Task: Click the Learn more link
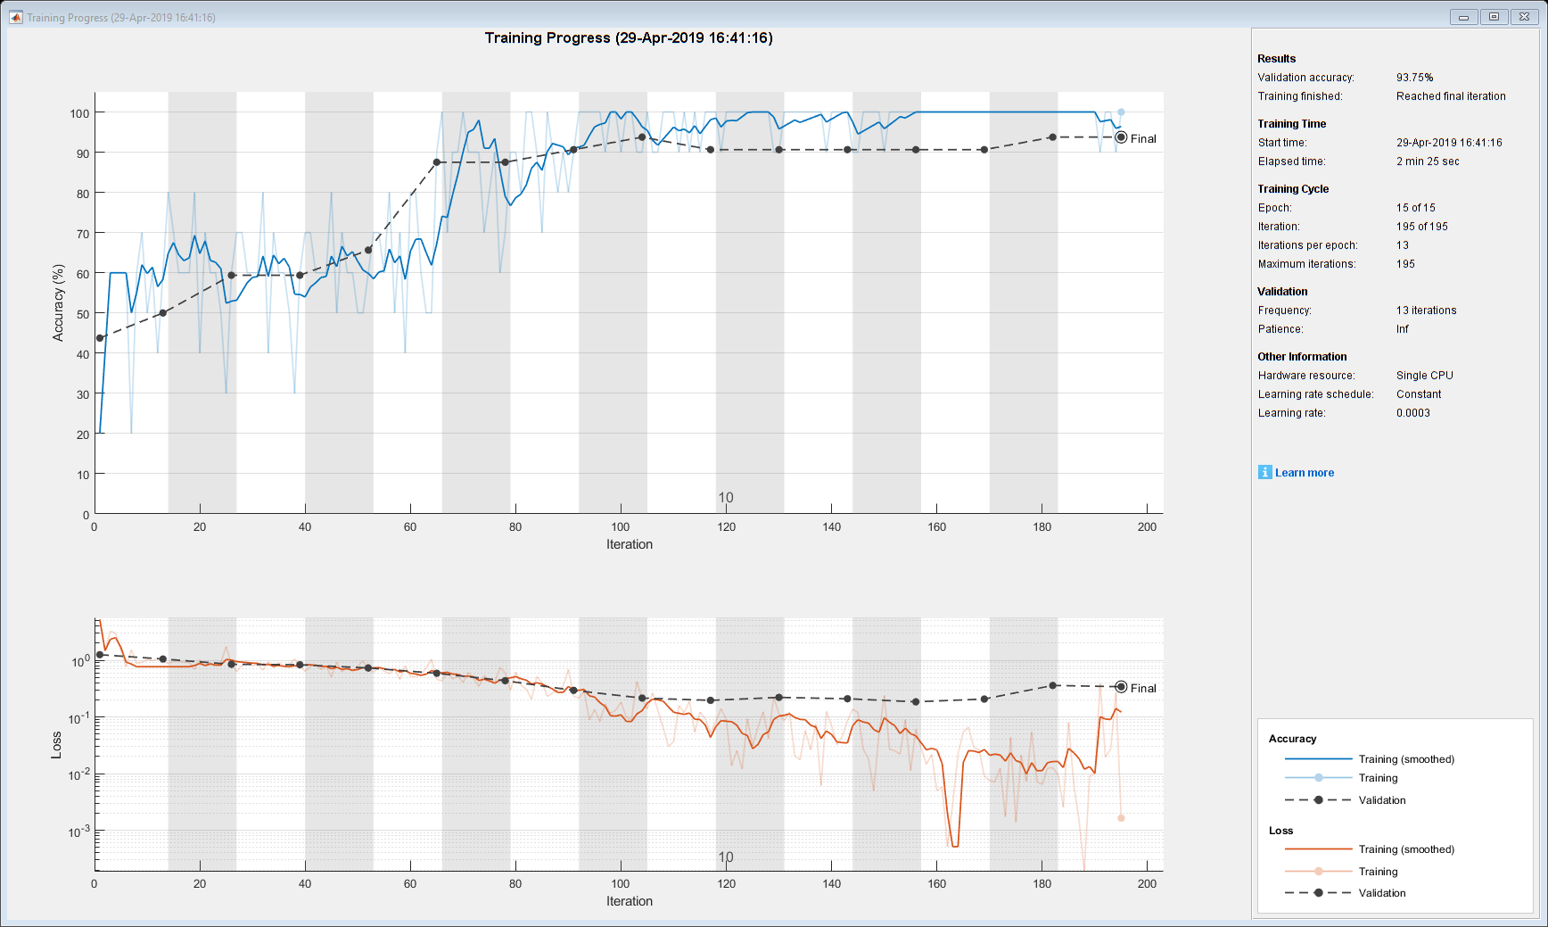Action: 1304,473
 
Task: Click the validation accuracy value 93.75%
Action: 1414,78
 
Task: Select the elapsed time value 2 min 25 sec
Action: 1428,161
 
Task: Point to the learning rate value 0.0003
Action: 1412,413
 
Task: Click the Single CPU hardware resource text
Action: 1424,376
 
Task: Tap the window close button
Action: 1525,17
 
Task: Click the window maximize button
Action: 1494,17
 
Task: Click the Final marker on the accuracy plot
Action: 1121,137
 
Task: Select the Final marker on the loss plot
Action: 1121,687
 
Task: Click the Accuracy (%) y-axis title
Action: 59,302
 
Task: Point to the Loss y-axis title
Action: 56,745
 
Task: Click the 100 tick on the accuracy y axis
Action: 80,113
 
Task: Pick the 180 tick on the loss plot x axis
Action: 1042,883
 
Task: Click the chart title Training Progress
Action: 629,37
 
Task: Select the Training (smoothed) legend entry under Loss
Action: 1405,849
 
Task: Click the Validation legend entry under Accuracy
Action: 1381,800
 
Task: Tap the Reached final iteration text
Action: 1451,96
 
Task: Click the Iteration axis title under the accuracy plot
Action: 630,544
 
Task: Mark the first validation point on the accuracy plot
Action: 100,338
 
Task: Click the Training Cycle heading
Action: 1293,189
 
